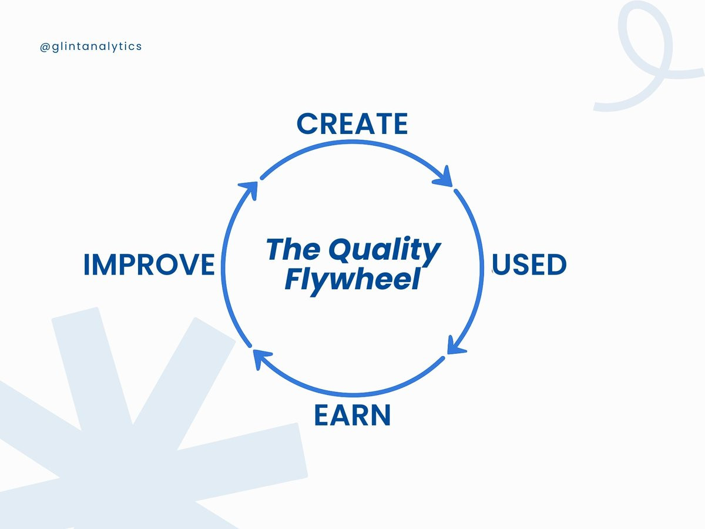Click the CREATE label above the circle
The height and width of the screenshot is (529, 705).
pos(352,123)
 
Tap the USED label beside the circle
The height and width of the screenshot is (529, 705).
pos(530,264)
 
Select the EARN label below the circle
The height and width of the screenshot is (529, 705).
pos(352,415)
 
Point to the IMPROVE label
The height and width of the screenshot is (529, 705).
pos(149,264)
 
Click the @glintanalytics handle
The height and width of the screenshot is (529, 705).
pos(90,47)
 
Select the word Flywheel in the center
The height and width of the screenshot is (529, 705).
pos(352,280)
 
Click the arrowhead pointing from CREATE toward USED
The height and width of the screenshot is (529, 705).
pos(444,177)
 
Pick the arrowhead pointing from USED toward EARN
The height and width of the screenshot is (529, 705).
pos(456,346)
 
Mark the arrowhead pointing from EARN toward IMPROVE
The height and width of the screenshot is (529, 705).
pos(261,358)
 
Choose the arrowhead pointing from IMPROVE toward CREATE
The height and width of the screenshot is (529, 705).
pos(249,189)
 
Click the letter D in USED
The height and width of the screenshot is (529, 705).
pos(556,264)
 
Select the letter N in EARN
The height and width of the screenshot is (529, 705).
pos(381,415)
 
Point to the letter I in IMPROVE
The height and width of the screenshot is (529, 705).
pos(86,264)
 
